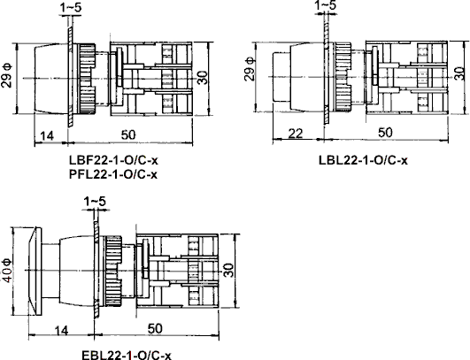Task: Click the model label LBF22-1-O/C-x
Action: [x=112, y=161]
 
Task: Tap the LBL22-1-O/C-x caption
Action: [x=363, y=160]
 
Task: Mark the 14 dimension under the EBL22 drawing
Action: [x=60, y=328]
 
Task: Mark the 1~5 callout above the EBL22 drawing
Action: [x=93, y=203]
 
